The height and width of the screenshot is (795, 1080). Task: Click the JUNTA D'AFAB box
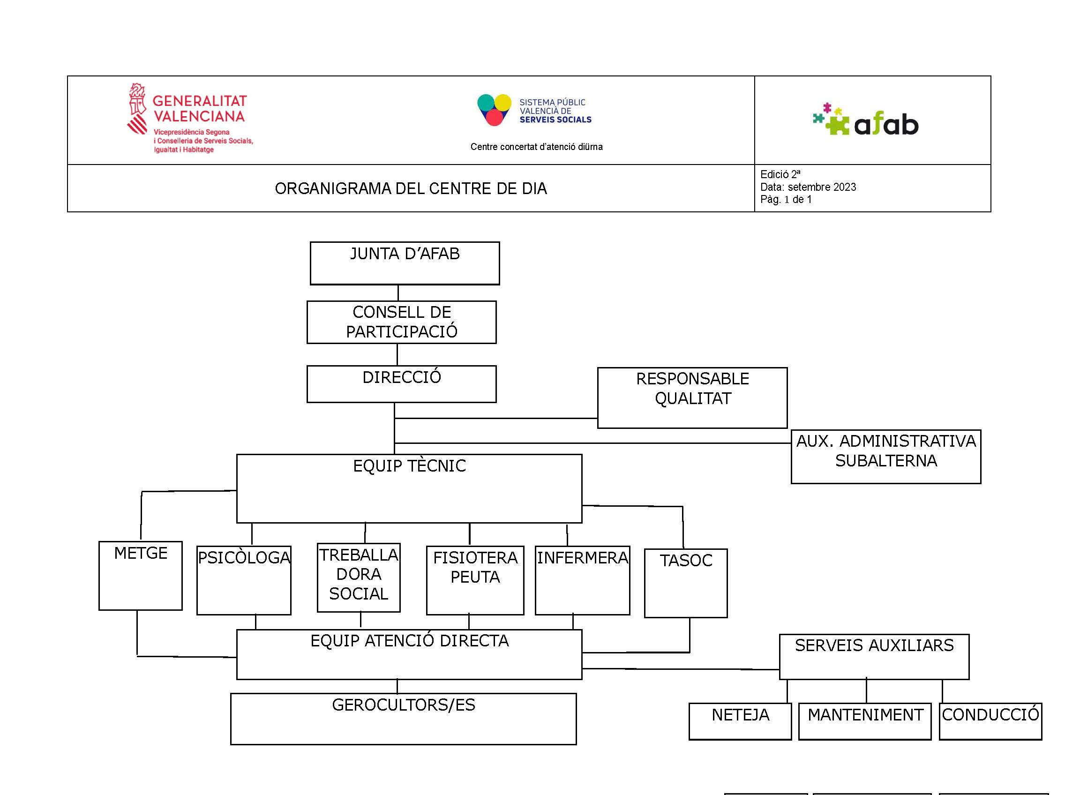coord(405,263)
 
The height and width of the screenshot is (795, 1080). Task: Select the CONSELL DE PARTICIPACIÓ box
coord(401,322)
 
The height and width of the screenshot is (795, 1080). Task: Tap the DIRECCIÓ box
coord(401,384)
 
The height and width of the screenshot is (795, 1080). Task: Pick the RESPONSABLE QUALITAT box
coord(692,397)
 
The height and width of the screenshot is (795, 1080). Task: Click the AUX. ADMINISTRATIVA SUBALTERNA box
coord(885,456)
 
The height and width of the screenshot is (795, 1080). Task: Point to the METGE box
coord(141,576)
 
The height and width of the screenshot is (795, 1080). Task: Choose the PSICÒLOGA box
coord(244,580)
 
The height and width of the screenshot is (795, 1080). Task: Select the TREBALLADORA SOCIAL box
coord(359,577)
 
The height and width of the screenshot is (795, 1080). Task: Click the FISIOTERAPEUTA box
coord(475,580)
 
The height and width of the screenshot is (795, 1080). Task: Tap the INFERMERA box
coord(582,580)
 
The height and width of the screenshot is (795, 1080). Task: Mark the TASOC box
coord(686,583)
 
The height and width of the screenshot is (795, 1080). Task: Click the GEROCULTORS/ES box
coord(403,719)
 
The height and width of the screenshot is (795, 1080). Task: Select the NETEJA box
coord(740,721)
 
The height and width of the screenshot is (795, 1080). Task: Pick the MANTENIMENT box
coord(865,721)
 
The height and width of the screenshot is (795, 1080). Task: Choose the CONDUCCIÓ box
coord(990,721)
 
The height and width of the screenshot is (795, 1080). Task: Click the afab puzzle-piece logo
coord(865,120)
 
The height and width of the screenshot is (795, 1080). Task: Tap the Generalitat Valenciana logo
coord(190,119)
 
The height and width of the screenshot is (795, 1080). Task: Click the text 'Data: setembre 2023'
coord(808,187)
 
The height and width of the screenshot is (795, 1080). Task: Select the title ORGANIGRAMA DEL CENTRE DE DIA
coord(411,188)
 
